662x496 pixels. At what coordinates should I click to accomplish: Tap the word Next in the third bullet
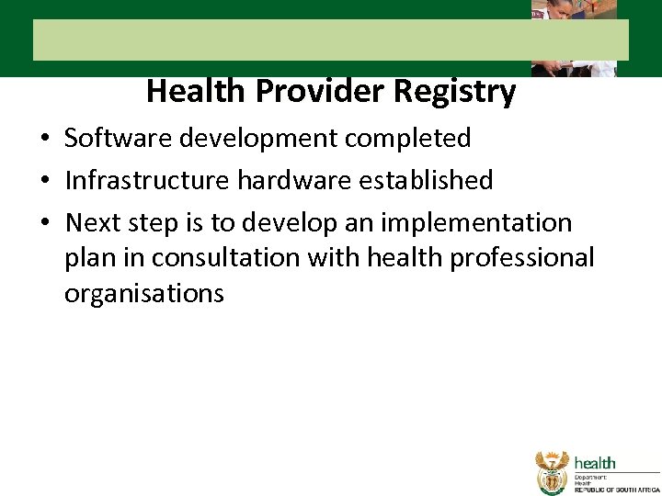click(92, 222)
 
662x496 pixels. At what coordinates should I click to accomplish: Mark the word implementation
click(484, 222)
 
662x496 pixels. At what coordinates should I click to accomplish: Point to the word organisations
click(144, 293)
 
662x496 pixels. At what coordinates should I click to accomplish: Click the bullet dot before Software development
click(44, 140)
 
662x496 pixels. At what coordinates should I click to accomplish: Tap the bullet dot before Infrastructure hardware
click(44, 182)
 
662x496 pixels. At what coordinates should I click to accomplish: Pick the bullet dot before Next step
click(44, 224)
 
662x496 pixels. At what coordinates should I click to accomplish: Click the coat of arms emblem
click(553, 472)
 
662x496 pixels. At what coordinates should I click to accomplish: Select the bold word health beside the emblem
click(595, 463)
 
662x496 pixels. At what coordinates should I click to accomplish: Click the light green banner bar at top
click(276, 40)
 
